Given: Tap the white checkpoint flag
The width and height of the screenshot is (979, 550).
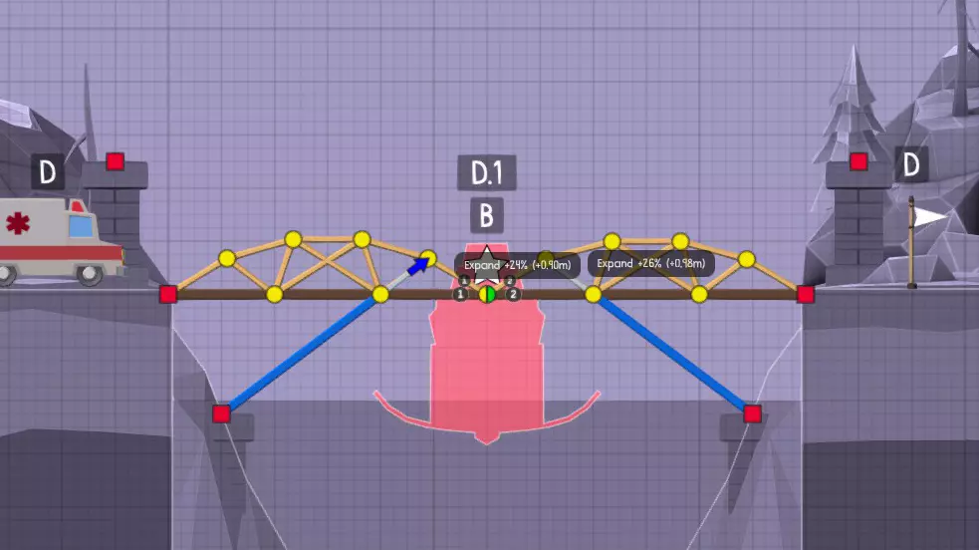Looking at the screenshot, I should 929,216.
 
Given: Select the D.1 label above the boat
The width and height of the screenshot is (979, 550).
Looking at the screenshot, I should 487,173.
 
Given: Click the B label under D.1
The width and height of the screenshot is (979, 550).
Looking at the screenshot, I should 487,215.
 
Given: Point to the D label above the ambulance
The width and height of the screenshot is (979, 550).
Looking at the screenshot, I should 47,173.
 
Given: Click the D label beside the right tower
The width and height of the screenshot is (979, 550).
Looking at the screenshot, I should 910,164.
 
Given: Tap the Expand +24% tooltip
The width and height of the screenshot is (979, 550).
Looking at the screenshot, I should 517,265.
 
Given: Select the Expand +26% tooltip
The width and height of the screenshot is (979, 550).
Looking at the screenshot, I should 651,264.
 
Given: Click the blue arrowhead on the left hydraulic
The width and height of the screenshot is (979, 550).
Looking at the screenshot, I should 422,263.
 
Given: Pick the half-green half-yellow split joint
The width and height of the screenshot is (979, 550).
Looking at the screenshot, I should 487,294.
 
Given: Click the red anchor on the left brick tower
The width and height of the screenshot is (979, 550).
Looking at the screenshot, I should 116,160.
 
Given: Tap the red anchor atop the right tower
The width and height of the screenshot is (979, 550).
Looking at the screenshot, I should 858,160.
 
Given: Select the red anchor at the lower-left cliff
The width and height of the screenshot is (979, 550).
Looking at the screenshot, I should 221,412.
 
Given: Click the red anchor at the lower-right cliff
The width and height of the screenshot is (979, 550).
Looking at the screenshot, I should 753,412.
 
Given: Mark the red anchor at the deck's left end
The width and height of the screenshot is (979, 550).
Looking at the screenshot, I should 168,294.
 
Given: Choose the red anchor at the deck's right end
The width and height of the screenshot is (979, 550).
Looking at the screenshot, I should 806,294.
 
